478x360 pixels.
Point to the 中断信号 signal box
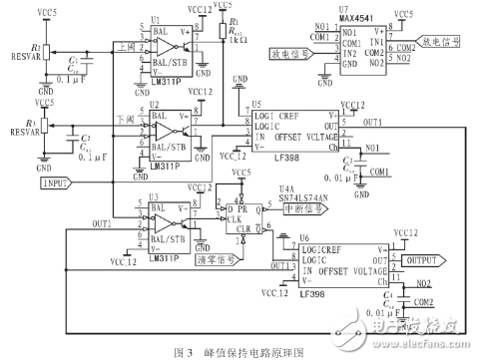click(302, 209)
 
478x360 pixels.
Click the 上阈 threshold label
click(127, 45)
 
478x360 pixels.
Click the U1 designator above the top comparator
click(155, 19)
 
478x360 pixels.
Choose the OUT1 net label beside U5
click(373, 122)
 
